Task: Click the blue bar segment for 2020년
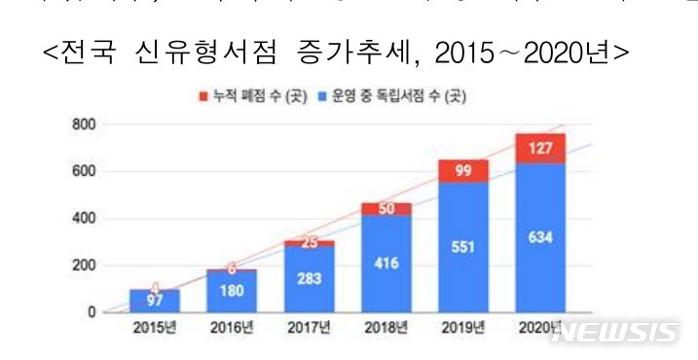(x=540, y=238)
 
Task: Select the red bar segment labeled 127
(x=540, y=148)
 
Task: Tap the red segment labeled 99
(x=462, y=171)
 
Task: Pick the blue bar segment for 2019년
(x=462, y=247)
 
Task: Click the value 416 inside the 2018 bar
(x=385, y=263)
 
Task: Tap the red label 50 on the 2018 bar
(x=385, y=209)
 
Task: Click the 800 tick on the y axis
(x=85, y=126)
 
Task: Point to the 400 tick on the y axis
(x=85, y=219)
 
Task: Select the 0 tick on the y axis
(x=92, y=312)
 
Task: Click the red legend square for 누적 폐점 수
(x=202, y=97)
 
